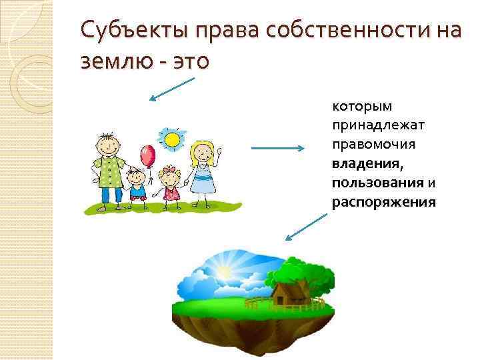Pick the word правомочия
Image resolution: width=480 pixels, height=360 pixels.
point(372,144)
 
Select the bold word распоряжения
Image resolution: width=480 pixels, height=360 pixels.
point(384,202)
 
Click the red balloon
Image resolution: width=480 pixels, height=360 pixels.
point(148,157)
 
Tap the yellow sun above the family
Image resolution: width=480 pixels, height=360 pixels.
point(172,139)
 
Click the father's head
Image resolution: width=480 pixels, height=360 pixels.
point(107,143)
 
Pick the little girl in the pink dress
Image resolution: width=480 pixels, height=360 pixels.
point(171,185)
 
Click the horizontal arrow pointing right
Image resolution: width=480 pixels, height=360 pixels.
point(278,149)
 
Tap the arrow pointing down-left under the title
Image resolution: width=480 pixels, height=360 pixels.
point(171,89)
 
